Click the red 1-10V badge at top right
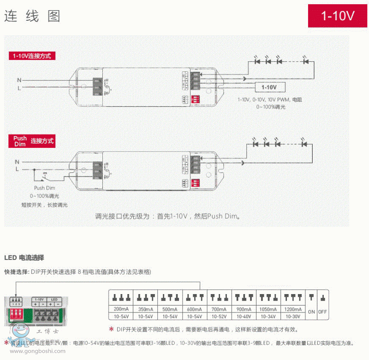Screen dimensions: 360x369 pos(338,16)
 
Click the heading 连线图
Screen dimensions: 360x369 pos(32,16)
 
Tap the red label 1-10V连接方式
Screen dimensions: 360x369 pos(32,56)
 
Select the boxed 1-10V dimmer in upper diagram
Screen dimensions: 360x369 pos(269,87)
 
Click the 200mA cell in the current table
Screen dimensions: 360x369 pos(120,308)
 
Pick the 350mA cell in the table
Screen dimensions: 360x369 pos(145,308)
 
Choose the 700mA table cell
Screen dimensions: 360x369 pos(220,308)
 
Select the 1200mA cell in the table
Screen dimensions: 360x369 pos(293,308)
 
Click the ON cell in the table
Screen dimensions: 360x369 pos(311,312)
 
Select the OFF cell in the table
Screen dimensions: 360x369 pos(322,312)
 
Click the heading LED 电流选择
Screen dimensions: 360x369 pos(24,257)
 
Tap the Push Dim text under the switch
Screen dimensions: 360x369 pos(45,188)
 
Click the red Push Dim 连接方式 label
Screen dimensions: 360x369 pos(32,141)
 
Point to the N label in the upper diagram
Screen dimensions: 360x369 pos(18,80)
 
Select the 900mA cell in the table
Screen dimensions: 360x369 pos(244,308)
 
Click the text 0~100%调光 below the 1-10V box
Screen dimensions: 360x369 pos(271,107)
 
